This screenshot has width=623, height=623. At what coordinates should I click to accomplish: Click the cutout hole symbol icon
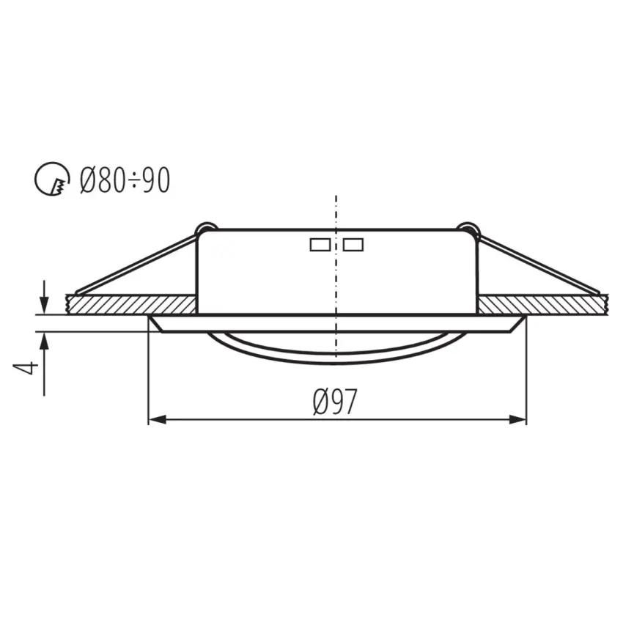click(49, 180)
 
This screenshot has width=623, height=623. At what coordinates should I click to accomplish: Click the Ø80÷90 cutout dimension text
click(125, 180)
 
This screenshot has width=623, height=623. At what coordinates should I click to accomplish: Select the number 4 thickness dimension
click(27, 366)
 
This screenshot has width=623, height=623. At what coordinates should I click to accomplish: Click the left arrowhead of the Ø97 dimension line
click(154, 420)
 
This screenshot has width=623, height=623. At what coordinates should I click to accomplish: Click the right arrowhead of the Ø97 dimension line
click(520, 420)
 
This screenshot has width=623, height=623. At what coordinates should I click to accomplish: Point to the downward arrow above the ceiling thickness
click(44, 303)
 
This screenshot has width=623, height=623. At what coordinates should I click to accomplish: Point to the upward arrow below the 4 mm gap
click(44, 339)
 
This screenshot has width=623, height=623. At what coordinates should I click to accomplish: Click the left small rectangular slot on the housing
click(320, 245)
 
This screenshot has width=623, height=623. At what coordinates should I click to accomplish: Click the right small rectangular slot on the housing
click(353, 245)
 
